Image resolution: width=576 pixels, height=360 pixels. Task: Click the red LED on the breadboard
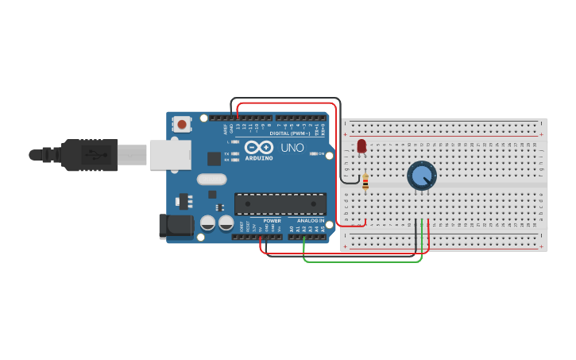pyautogui.click(x=361, y=146)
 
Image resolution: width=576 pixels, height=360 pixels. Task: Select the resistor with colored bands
pyautogui.click(x=365, y=183)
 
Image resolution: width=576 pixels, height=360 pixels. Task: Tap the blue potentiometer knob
pyautogui.click(x=422, y=175)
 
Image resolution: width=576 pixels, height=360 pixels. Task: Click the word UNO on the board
pyautogui.click(x=292, y=147)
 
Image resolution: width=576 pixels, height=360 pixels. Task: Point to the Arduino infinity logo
pyautogui.click(x=258, y=147)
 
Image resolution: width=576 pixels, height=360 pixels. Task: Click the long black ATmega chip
pyautogui.click(x=280, y=204)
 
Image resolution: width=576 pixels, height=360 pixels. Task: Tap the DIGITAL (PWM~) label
pyautogui.click(x=290, y=134)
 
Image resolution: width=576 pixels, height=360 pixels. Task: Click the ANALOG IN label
pyautogui.click(x=311, y=220)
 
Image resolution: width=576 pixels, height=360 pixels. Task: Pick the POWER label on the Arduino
pyautogui.click(x=272, y=220)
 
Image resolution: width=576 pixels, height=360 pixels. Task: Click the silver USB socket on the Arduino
pyautogui.click(x=170, y=154)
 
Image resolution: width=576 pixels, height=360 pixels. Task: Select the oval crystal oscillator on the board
pyautogui.click(x=212, y=180)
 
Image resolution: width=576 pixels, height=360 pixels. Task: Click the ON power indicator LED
pyautogui.click(x=313, y=153)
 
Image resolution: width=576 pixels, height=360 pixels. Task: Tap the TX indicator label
pyautogui.click(x=227, y=153)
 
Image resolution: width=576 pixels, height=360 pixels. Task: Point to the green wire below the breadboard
pyautogui.click(x=361, y=261)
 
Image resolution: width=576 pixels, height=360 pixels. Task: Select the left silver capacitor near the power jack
pyautogui.click(x=207, y=223)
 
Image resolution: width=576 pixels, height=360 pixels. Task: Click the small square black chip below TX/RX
pyautogui.click(x=214, y=158)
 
